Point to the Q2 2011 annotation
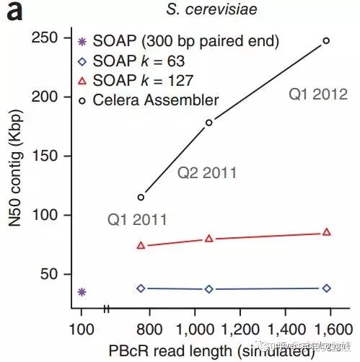pos(207,173)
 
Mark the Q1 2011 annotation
pos(137,219)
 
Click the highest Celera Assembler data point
pos(326,40)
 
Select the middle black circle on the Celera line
pos(209,123)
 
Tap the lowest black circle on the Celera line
pos(141,197)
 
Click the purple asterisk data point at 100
pos(82,292)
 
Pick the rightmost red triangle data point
pos(327,232)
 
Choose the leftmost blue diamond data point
pos(141,288)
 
